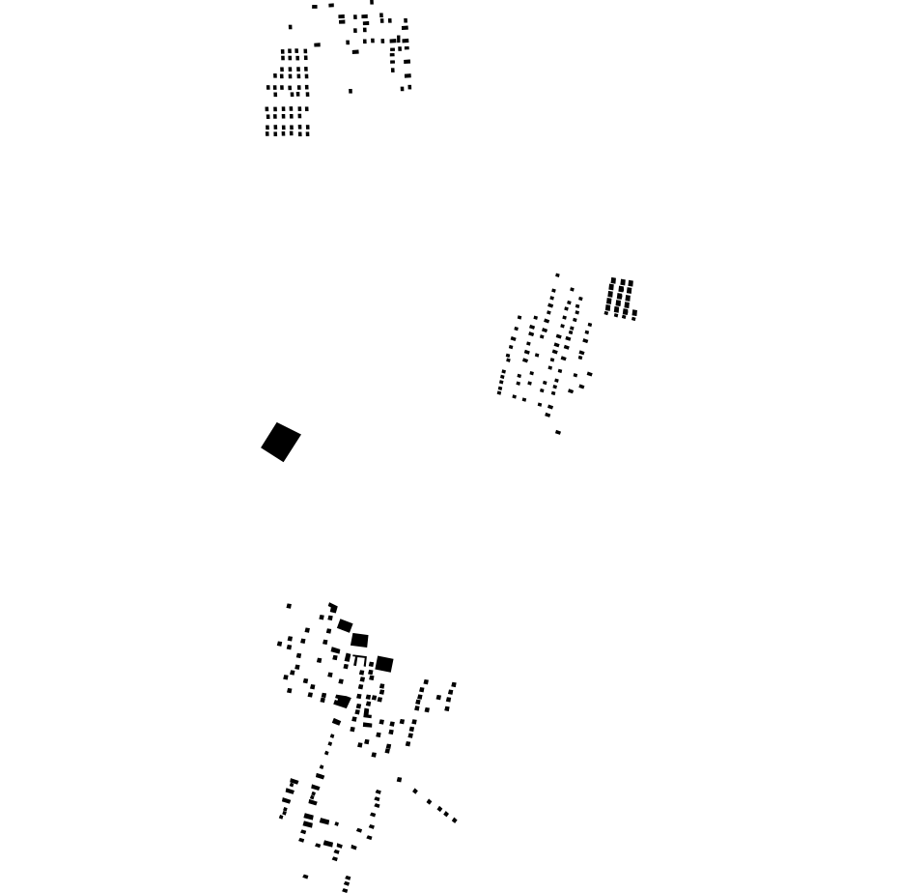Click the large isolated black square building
pyautogui.click(x=281, y=442)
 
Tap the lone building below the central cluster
pyautogui.click(x=558, y=432)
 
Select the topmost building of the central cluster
pyautogui.click(x=557, y=275)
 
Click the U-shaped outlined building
pyautogui.click(x=359, y=661)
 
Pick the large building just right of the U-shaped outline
pyautogui.click(x=384, y=664)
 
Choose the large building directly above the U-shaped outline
pyautogui.click(x=359, y=640)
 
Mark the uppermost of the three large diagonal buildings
pyautogui.click(x=345, y=626)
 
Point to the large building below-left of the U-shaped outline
pyautogui.click(x=342, y=701)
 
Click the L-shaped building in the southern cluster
pyautogui.click(x=367, y=712)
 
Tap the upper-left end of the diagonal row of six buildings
pyautogui.click(x=399, y=780)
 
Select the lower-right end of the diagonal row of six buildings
pyautogui.click(x=455, y=821)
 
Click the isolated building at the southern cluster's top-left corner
pyautogui.click(x=289, y=606)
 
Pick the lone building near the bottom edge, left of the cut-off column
pyautogui.click(x=305, y=877)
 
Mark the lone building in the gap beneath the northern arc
pyautogui.click(x=351, y=91)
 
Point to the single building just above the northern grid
pyautogui.click(x=290, y=27)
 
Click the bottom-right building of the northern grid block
pyautogui.click(x=307, y=133)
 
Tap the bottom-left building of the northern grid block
pyautogui.click(x=267, y=133)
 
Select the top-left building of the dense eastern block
pyautogui.click(x=612, y=281)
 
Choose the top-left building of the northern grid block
pyautogui.click(x=283, y=52)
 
